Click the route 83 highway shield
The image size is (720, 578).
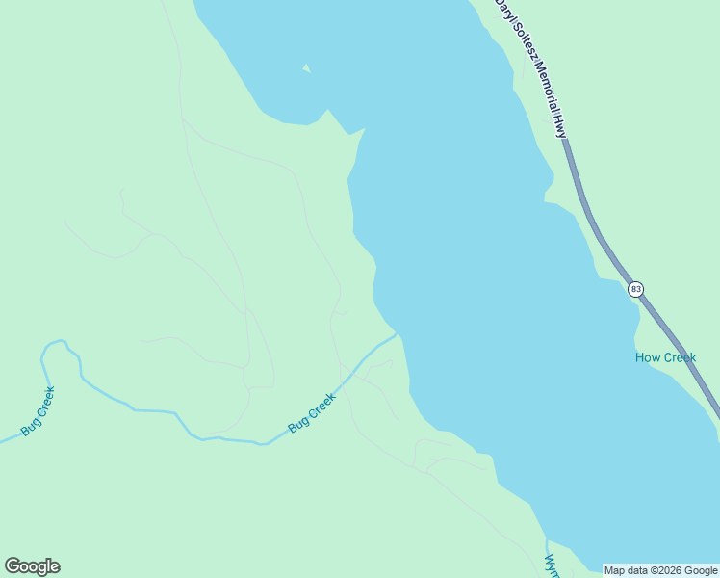pos(635,289)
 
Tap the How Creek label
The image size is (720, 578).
pos(665,358)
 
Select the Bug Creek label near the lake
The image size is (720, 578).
pos(312,411)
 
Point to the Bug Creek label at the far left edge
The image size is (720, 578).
pos(39,410)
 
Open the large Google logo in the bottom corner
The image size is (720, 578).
pos(32,566)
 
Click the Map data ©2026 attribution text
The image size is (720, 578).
pos(660,570)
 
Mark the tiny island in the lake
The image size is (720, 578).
pos(307,67)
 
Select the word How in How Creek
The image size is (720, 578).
pos(645,358)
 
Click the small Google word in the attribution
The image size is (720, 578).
pos(701,570)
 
